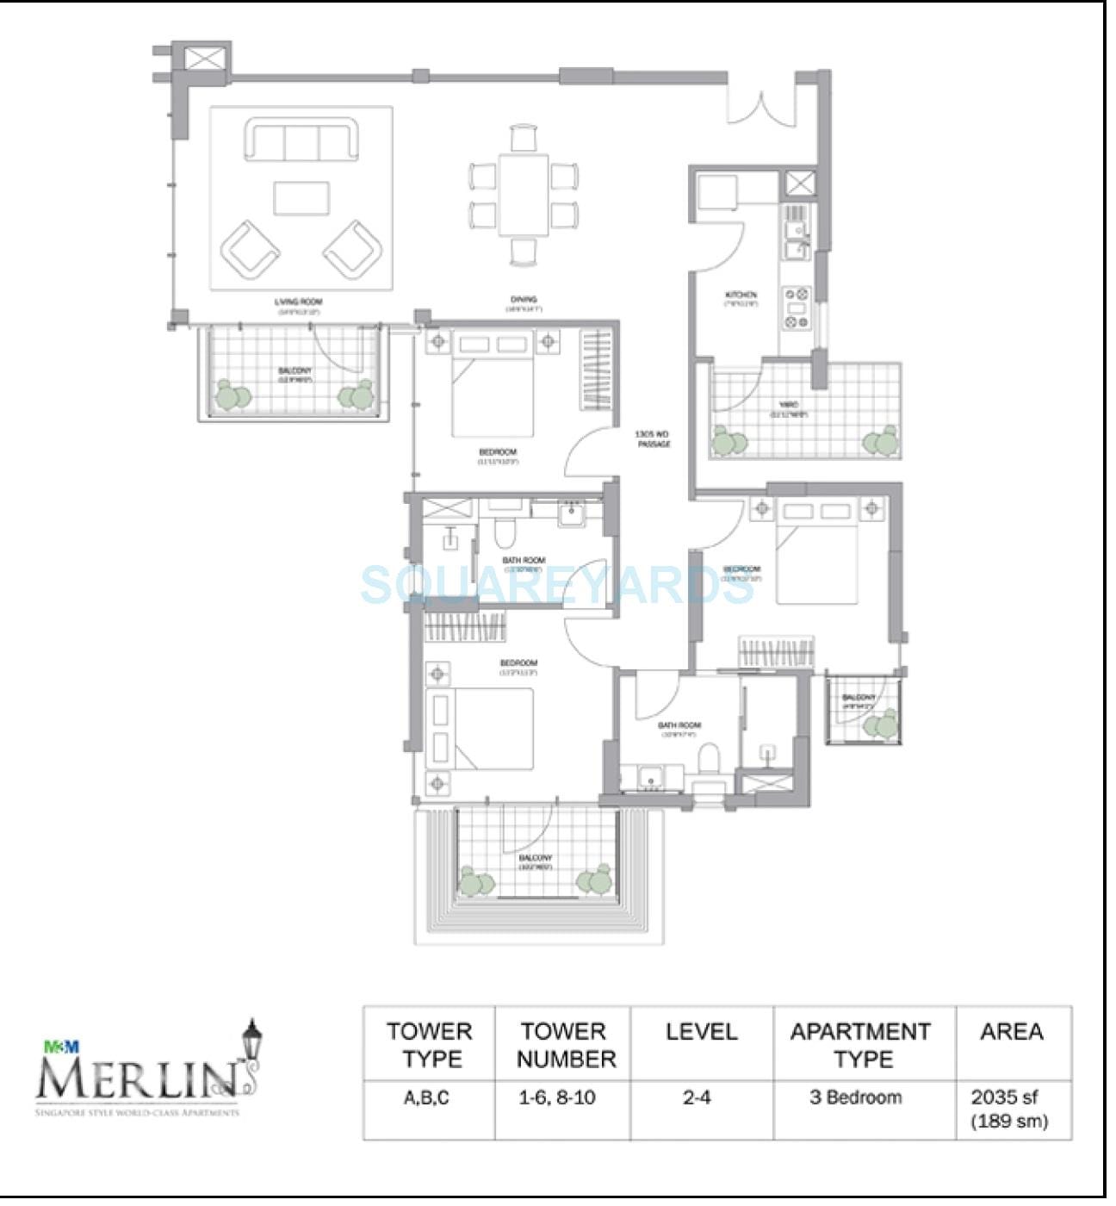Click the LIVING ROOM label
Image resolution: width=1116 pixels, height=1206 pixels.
tap(297, 302)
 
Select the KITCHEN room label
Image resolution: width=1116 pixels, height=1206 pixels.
tap(741, 295)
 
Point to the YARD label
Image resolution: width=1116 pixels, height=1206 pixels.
tap(788, 405)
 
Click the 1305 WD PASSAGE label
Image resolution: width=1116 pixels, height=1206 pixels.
tap(653, 438)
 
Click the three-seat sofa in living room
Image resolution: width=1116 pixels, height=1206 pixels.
tap(301, 140)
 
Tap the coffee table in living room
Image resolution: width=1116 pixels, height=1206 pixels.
tap(301, 197)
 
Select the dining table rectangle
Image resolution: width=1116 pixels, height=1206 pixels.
tap(523, 194)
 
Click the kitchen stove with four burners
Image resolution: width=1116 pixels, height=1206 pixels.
tap(797, 308)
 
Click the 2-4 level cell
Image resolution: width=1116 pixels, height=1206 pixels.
tap(697, 1098)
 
